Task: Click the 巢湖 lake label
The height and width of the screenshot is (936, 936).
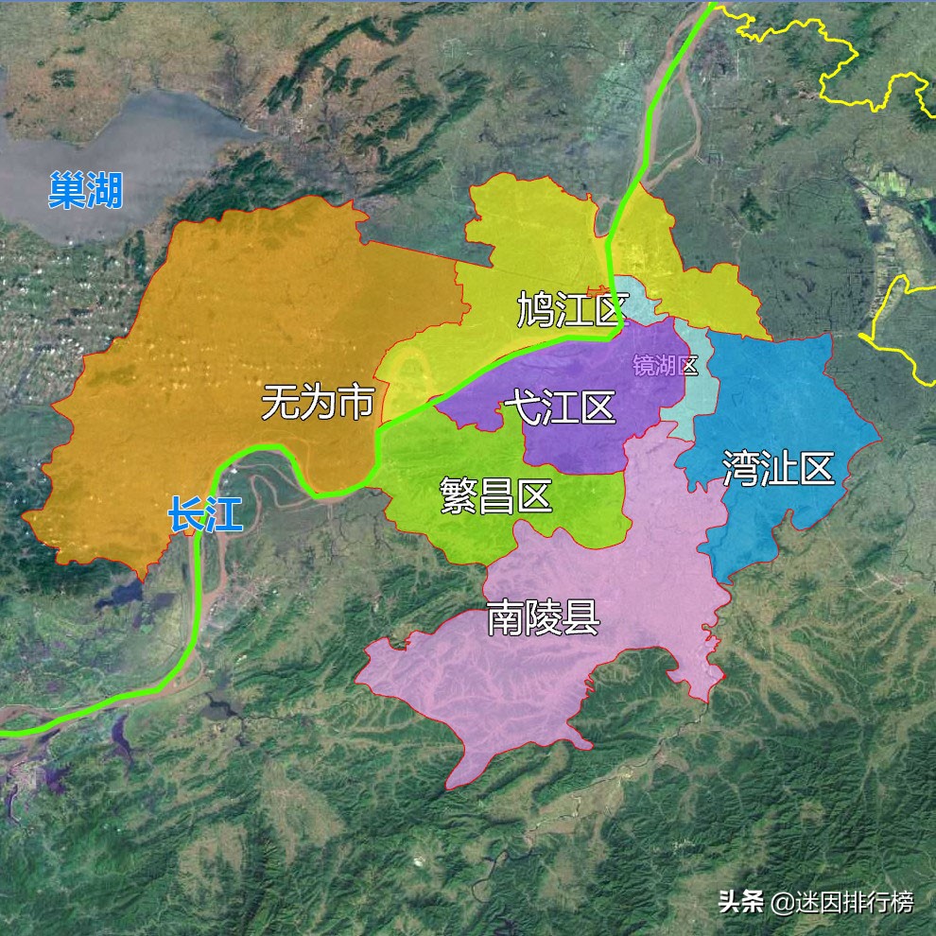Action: pos(86,190)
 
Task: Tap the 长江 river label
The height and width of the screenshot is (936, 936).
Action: pos(205,514)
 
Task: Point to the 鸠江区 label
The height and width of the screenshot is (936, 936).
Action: pos(573,309)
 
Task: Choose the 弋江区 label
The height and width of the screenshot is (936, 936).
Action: pos(560,407)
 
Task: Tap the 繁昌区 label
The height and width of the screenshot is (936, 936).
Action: pos(496,494)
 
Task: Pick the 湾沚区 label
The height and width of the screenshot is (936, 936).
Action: pos(778,469)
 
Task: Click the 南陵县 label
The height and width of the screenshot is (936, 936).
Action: pos(543,618)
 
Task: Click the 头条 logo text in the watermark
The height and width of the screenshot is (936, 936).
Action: pos(740,902)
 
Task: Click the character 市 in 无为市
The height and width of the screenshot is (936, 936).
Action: pos(356,402)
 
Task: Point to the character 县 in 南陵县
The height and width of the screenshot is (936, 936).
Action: pos(581,618)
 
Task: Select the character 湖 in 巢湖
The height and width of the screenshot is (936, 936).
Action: pos(105,190)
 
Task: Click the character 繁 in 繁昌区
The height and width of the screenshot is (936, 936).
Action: pos(459,494)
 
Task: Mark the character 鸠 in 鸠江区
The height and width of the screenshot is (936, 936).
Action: pos(535,309)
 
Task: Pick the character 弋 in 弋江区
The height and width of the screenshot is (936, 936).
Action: pos(522,407)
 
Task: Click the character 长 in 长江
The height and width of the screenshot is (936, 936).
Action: pos(186,514)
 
